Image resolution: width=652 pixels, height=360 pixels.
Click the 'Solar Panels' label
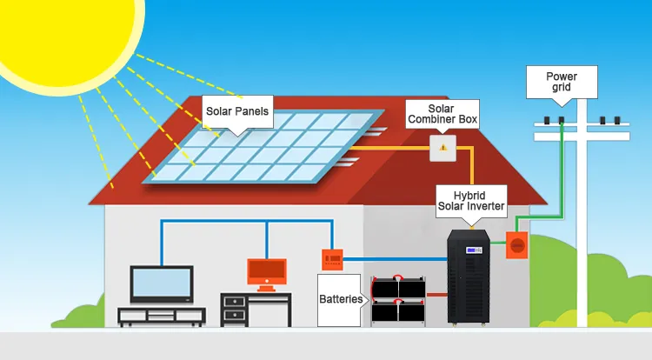coord(236,111)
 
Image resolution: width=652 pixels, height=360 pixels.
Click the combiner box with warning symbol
coord(442,147)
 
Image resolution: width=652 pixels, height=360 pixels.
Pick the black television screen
coord(161,283)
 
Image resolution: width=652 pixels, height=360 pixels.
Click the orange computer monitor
coord(267,271)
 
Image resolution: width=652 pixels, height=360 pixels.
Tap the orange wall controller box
coord(332,257)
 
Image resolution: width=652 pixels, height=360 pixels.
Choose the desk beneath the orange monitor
coord(256,310)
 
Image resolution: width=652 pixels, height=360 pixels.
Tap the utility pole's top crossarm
coord(581,137)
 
